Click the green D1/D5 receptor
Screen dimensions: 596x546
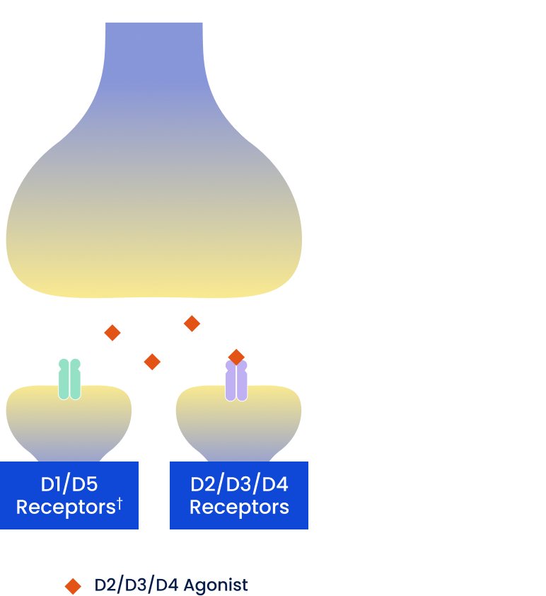pos(69,379)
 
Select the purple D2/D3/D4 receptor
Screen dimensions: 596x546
pos(236,382)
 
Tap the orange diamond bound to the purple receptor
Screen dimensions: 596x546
pos(236,356)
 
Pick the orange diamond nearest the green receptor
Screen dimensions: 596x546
pos(112,332)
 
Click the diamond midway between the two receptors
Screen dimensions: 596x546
pos(152,362)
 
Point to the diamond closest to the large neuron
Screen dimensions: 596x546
pos(192,323)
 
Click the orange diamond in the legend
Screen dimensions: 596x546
pos(73,586)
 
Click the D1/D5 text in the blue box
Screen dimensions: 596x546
pos(69,485)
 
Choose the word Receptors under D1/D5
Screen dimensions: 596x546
pos(65,508)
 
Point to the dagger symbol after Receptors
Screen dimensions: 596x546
pos(120,503)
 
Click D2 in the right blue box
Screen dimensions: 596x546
pos(202,485)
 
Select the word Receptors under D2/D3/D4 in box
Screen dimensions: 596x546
pos(239,508)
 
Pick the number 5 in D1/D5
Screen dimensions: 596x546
pos(90,485)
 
